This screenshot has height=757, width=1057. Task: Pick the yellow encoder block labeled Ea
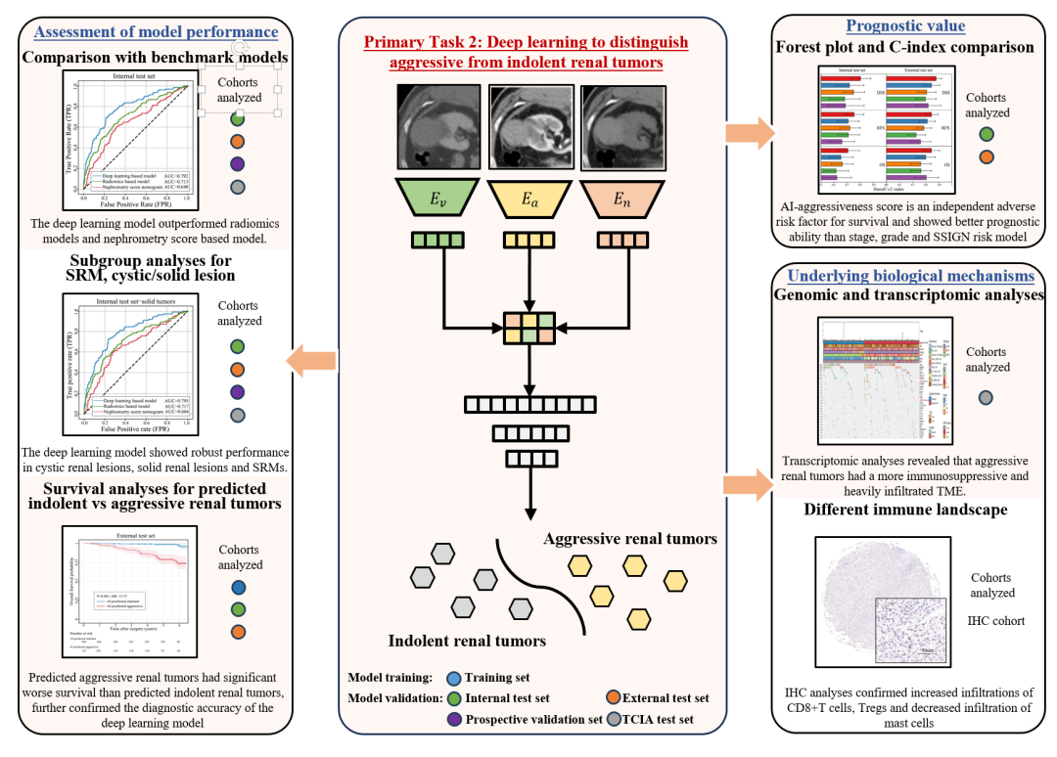coord(528,200)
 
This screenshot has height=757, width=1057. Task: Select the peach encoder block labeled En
coord(623,200)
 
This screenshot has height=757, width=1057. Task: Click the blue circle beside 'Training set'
coord(452,679)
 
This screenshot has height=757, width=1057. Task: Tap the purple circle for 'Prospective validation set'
coord(452,720)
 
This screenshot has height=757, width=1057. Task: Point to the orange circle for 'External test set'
coord(613,698)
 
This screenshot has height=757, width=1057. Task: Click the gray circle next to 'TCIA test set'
coord(613,720)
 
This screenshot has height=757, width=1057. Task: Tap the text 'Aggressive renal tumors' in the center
coord(630,539)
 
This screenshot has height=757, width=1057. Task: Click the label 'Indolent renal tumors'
coord(467,642)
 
